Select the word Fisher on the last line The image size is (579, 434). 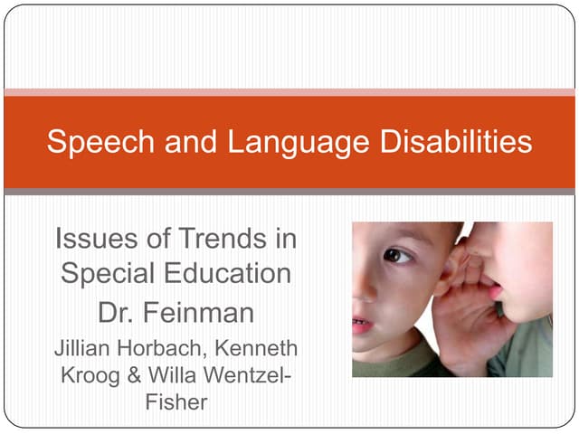(176, 401)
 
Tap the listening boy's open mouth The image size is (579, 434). (361, 324)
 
